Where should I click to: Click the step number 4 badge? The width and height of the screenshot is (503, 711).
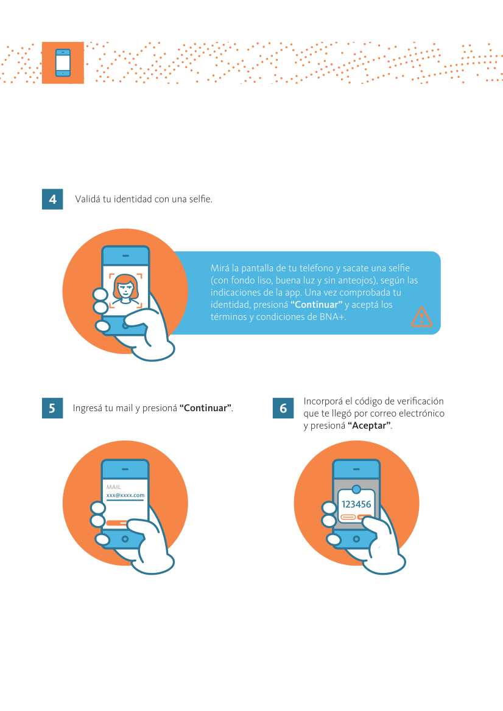[x=52, y=199]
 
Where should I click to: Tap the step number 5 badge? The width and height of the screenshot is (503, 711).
[x=52, y=408]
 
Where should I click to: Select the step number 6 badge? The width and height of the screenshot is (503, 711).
[x=283, y=408]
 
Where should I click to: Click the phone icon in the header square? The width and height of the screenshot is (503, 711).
[x=63, y=63]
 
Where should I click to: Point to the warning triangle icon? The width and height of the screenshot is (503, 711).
[x=421, y=317]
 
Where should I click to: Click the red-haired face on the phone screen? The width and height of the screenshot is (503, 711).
[x=125, y=290]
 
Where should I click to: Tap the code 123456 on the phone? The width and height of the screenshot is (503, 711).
[x=356, y=504]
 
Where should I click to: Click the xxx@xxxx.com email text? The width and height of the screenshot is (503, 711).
[x=125, y=495]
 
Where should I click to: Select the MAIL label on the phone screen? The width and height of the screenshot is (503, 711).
[x=113, y=487]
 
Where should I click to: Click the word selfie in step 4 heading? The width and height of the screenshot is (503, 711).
[x=200, y=199]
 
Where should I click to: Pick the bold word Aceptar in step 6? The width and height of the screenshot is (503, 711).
[x=369, y=425]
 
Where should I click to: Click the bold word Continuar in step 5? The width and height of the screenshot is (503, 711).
[x=206, y=408]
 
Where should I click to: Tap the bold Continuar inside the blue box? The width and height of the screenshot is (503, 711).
[x=317, y=305]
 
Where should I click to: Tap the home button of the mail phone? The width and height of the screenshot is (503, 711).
[x=125, y=539]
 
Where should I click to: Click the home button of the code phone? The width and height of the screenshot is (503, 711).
[x=356, y=539]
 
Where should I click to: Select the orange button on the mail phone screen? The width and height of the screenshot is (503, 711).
[x=117, y=523]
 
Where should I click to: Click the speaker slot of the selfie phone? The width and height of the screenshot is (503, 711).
[x=125, y=255]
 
